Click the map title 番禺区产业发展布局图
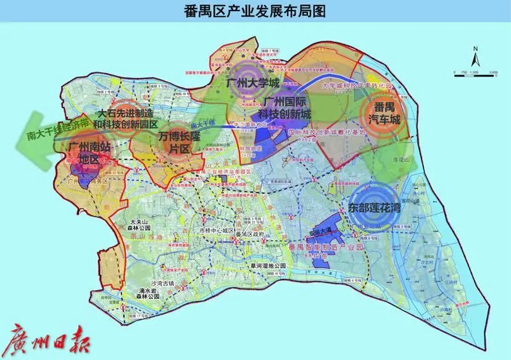point(255,10)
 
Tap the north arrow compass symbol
point(473,57)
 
